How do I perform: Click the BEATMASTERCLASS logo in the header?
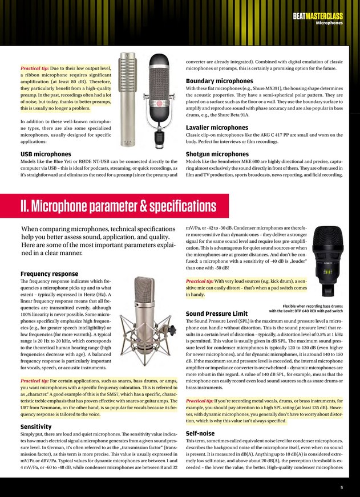coord(318,17)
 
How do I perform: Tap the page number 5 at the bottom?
coord(341,487)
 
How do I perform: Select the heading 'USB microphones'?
coord(46,154)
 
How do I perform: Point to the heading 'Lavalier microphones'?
coord(217,127)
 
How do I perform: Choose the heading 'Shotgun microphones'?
coord(217,154)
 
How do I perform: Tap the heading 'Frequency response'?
coord(49,274)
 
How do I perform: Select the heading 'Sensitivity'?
coord(36,410)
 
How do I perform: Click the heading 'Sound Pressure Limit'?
coord(217,314)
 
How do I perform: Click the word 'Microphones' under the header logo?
coord(329,23)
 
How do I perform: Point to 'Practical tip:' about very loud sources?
coord(200,281)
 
